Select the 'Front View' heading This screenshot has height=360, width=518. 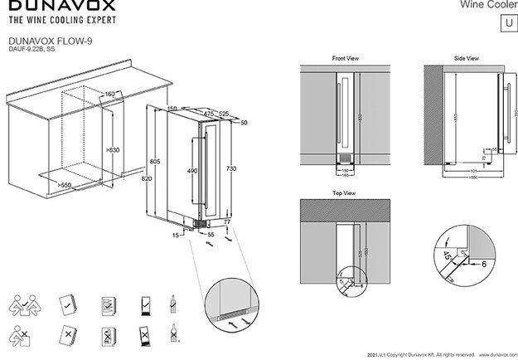(345, 60)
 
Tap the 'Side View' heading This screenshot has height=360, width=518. (467, 60)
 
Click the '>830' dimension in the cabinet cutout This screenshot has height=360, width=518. (114, 149)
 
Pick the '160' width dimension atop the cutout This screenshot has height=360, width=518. (109, 95)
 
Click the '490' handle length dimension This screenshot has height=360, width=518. (191, 170)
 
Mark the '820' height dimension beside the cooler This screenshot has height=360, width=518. (146, 178)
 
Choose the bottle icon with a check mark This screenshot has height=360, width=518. (172, 303)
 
